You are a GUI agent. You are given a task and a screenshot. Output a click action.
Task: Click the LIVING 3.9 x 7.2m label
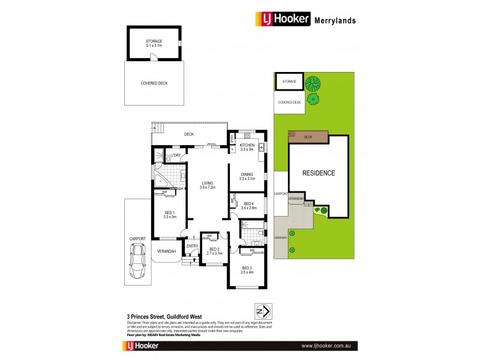[x=208, y=185]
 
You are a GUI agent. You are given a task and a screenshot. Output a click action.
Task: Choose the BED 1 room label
[x=169, y=215]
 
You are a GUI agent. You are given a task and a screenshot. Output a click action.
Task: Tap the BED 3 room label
[x=247, y=270]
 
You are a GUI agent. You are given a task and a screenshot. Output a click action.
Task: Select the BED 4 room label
[x=250, y=206]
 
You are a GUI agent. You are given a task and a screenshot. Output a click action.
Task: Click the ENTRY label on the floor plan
[x=192, y=246]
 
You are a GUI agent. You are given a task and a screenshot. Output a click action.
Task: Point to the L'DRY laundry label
[x=176, y=157]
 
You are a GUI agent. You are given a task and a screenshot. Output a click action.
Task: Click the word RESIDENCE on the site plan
[x=318, y=173]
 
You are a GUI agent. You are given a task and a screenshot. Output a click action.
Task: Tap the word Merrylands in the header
[x=335, y=20]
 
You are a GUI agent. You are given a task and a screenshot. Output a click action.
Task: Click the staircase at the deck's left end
[x=158, y=127]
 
